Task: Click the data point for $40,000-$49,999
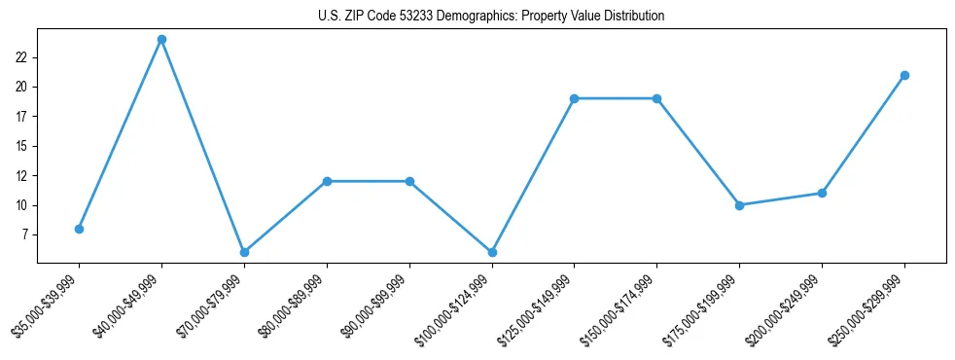(x=161, y=40)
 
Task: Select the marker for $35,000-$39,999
(x=79, y=229)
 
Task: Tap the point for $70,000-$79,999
(x=244, y=252)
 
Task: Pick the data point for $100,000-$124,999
(x=492, y=252)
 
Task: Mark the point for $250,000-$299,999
(x=904, y=75)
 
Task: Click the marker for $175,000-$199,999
(x=739, y=205)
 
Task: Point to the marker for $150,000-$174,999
(x=656, y=98)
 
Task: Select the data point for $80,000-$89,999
(x=327, y=181)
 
